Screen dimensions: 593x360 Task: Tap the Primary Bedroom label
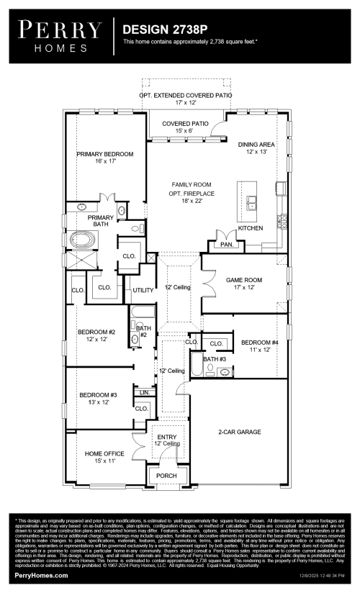[105, 158]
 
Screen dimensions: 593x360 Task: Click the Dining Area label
[257, 148]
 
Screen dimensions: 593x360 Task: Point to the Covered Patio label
[185, 127]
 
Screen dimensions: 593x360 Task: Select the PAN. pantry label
[228, 245]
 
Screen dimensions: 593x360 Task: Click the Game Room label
[244, 284]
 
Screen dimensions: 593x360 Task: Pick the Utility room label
[143, 290]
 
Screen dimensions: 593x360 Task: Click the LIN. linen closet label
[143, 393]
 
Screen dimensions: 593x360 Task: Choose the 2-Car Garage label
[239, 433]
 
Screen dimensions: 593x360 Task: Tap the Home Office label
[104, 457]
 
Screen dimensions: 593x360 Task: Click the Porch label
[166, 476]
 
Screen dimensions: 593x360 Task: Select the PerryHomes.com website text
[41, 576]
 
